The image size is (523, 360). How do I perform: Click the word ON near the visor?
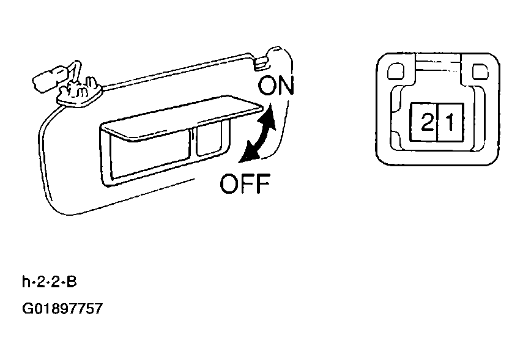[x=276, y=86]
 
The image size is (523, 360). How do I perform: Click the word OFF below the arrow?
[x=245, y=183]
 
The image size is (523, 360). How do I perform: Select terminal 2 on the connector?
[x=425, y=122]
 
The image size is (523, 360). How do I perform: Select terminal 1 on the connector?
[x=450, y=122]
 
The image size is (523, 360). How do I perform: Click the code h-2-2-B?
[x=50, y=282]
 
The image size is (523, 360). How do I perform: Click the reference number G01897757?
[x=62, y=309]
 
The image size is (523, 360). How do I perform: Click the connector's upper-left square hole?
[x=396, y=72]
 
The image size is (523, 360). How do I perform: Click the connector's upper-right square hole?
[x=480, y=72]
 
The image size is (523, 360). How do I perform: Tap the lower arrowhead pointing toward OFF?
[x=248, y=154]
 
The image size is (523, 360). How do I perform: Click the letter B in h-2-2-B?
[x=72, y=282]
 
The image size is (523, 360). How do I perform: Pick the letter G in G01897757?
[x=28, y=309]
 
